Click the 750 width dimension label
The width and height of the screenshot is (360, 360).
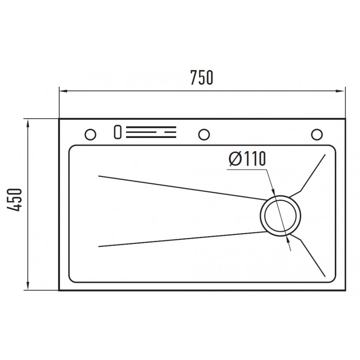coord(202,78)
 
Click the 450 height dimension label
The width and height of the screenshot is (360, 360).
coord(14,200)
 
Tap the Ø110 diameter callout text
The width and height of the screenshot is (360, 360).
coord(247,158)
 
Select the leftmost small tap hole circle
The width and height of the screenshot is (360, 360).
coord(90,134)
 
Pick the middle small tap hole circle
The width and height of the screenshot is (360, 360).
coord(204,134)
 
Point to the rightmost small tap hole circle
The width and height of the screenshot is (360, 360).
coord(317,134)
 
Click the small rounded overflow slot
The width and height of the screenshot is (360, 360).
coord(118,132)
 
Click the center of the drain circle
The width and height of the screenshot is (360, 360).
coord(280,216)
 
